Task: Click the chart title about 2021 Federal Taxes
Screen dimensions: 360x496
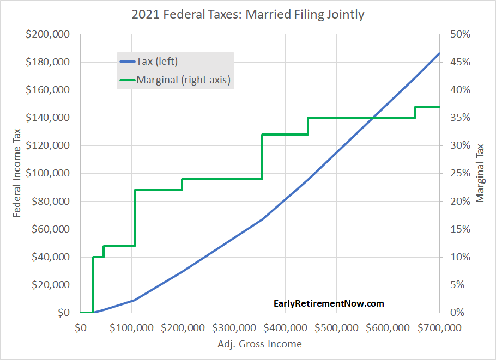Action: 248,14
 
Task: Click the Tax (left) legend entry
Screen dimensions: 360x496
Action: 157,62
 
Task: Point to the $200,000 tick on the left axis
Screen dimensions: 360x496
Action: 47,34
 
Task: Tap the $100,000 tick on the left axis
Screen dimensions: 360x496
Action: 47,173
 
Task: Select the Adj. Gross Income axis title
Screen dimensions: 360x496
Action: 259,344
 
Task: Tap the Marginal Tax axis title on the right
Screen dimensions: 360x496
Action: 480,173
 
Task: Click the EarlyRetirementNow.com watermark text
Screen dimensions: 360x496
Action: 329,303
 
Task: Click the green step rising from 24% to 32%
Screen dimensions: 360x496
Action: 263,157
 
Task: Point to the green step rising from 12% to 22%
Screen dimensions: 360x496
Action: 135,218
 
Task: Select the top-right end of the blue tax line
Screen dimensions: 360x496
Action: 439,53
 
